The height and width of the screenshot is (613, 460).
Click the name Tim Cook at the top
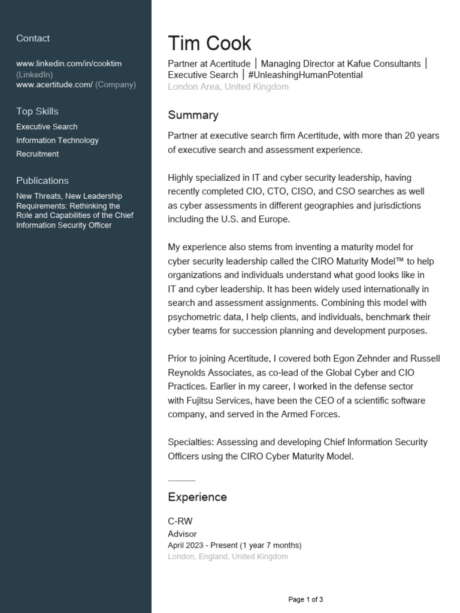click(210, 44)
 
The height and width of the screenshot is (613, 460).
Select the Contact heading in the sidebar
click(33, 38)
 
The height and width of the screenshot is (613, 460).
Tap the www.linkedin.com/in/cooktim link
click(69, 63)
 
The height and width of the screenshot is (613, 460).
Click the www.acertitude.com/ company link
click(55, 85)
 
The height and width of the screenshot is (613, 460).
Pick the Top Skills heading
click(37, 111)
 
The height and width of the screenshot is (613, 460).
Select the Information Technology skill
click(57, 141)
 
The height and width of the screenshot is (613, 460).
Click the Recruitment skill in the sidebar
click(37, 154)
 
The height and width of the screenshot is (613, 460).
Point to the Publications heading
click(43, 181)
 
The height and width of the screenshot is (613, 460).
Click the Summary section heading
click(193, 115)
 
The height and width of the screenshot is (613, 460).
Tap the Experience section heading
click(197, 497)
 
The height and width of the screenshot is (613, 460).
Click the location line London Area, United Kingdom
click(228, 87)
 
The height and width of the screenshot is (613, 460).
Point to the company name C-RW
click(180, 521)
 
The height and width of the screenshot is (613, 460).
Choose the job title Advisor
click(182, 534)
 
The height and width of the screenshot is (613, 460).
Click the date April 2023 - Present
click(202, 545)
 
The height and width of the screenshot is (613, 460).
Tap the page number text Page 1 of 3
click(305, 599)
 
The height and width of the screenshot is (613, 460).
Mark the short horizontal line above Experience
click(181, 481)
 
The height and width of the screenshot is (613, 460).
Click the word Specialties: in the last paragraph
click(190, 442)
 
